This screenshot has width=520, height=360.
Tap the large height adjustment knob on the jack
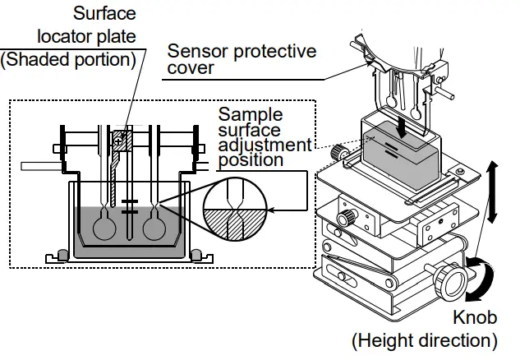click(453, 279)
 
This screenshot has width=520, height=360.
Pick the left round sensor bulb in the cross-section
click(105, 227)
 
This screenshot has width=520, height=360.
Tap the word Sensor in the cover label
click(194, 51)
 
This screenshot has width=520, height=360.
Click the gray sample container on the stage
click(401, 155)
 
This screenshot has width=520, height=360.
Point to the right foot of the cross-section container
click(197, 252)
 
